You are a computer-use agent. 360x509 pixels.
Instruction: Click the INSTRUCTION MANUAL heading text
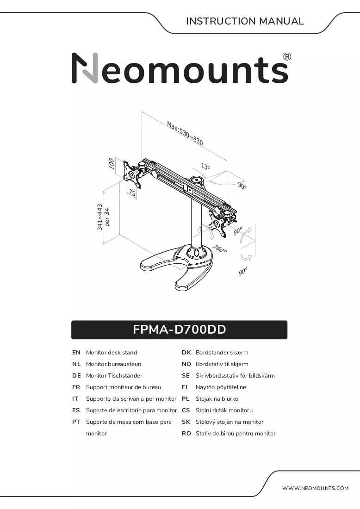pyautogui.click(x=245, y=21)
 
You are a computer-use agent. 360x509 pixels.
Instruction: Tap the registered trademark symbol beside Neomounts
pyautogui.click(x=287, y=57)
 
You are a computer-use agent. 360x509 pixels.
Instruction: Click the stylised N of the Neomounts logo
pyautogui.click(x=85, y=68)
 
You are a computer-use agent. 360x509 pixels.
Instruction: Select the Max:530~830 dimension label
pyautogui.click(x=185, y=133)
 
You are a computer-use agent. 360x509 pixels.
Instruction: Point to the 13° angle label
pyautogui.click(x=205, y=166)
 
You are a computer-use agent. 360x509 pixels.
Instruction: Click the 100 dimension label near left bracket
pyautogui.click(x=112, y=164)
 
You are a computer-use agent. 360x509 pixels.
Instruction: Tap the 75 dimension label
pyautogui.click(x=132, y=192)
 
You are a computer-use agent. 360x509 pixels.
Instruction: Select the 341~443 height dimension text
pyautogui.click(x=100, y=217)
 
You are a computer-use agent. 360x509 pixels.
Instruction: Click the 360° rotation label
pyautogui.click(x=220, y=248)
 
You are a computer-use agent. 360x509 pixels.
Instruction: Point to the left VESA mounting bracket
pyautogui.click(x=132, y=174)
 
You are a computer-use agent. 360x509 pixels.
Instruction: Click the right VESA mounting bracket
pyautogui.click(x=218, y=224)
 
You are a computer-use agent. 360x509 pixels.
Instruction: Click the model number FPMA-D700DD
pyautogui.click(x=180, y=329)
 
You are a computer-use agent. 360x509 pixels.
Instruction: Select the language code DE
pyautogui.click(x=76, y=376)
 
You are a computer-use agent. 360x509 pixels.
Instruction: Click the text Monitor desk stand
pyautogui.click(x=112, y=353)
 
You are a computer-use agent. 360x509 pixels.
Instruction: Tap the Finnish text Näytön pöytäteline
pyautogui.click(x=221, y=387)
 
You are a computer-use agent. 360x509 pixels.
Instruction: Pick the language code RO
pyautogui.click(x=186, y=434)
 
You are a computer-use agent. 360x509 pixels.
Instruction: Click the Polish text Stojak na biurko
pyautogui.click(x=217, y=398)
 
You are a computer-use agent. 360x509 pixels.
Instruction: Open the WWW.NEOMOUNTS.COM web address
pyautogui.click(x=315, y=488)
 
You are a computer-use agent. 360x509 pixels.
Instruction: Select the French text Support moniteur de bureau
pyautogui.click(x=124, y=387)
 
